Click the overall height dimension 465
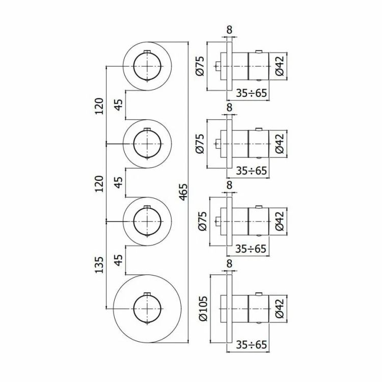click(184, 192)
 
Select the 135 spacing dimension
click(99, 264)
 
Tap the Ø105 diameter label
click(203, 309)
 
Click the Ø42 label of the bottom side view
click(280, 309)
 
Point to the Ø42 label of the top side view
click(280, 66)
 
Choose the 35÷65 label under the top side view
click(252, 93)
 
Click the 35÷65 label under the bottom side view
click(252, 344)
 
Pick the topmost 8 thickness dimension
click(230, 30)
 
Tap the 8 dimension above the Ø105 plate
click(230, 264)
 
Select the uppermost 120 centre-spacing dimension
click(99, 106)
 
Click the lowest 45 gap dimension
click(119, 260)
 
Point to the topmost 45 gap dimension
click(119, 105)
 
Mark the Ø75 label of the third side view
click(203, 221)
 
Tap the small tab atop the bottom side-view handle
click(258, 294)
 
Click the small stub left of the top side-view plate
click(218, 66)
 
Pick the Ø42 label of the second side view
click(280, 144)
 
